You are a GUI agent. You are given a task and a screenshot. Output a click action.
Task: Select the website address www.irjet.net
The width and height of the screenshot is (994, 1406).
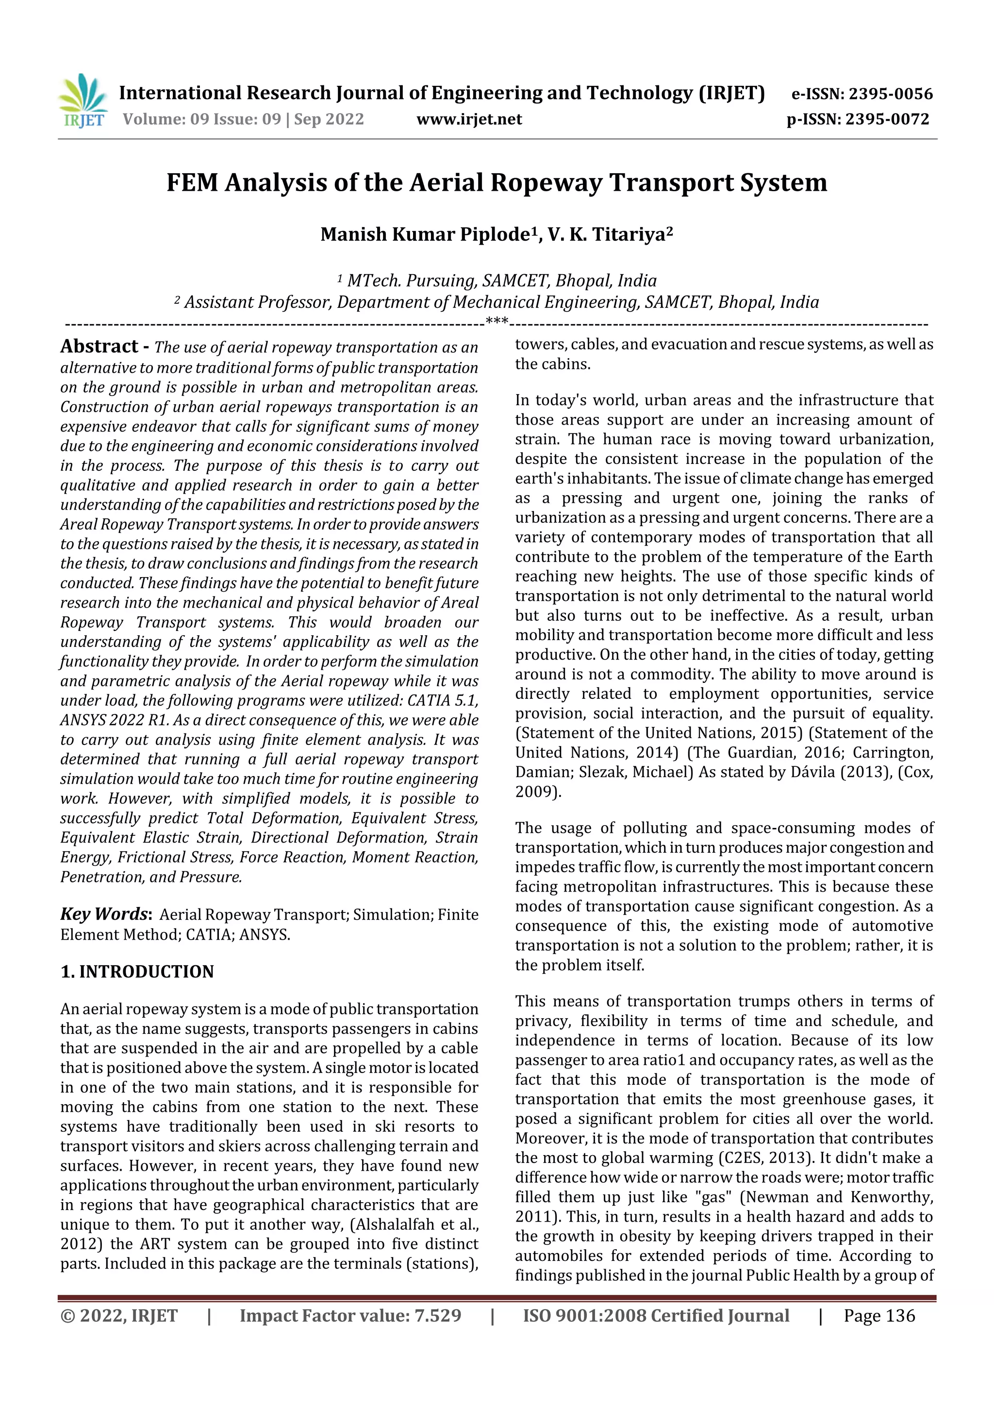click(469, 119)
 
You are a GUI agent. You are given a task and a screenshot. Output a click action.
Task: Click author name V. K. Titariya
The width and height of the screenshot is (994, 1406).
click(606, 234)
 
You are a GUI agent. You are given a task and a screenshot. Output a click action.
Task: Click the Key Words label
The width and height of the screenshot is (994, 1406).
click(105, 914)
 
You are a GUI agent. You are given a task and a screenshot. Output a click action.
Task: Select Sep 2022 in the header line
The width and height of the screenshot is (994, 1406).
click(329, 119)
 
